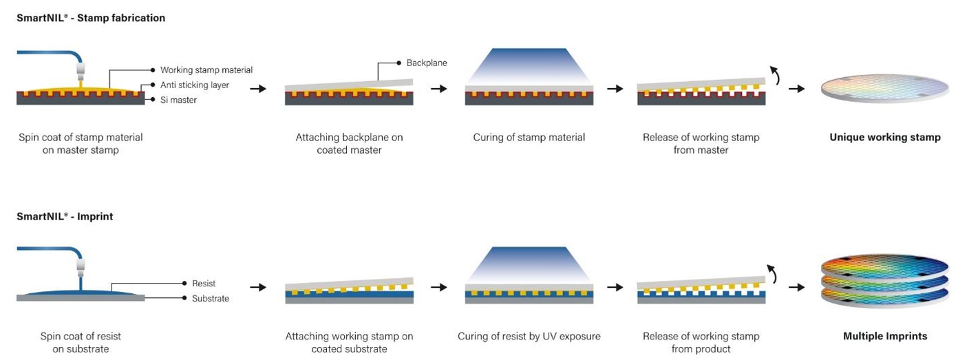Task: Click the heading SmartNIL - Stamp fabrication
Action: pos(91,18)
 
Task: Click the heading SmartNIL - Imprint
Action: pos(65,216)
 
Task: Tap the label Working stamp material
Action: pos(206,70)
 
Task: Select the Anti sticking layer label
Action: pos(194,85)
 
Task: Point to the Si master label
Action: pos(178,100)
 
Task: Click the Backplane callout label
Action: pos(427,63)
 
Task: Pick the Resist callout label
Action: pos(204,283)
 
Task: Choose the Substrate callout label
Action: pos(211,299)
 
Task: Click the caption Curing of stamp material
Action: pos(529,137)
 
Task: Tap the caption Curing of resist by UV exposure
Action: pos(529,337)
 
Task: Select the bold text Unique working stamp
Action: pos(884,137)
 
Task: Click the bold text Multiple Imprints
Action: pos(884,337)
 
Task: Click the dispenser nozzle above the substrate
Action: pos(80,265)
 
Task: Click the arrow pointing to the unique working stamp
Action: pos(796,89)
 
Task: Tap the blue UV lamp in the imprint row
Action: pos(529,264)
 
